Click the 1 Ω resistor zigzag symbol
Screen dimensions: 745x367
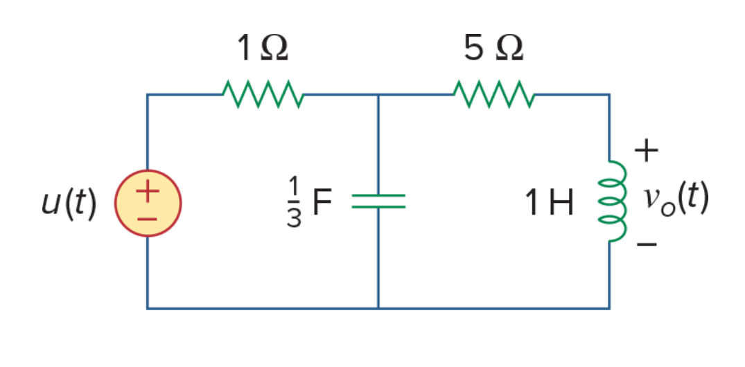(x=263, y=94)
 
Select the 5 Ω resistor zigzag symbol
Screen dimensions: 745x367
(x=494, y=94)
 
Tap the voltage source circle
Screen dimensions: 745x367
(x=148, y=203)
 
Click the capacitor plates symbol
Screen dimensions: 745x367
(x=378, y=202)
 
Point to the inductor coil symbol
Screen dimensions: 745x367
(x=613, y=202)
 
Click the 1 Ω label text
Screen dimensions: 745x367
(x=262, y=48)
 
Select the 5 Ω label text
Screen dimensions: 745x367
(x=493, y=48)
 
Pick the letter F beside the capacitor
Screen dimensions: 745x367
(x=322, y=203)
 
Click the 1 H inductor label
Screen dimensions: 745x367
(x=550, y=203)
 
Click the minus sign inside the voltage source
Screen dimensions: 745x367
(x=148, y=220)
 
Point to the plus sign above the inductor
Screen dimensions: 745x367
(x=646, y=151)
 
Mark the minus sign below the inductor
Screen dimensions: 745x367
(x=647, y=244)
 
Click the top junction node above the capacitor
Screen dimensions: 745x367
(x=378, y=94)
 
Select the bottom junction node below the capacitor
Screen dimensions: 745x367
(x=378, y=309)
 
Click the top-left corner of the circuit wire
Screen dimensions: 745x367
(x=148, y=94)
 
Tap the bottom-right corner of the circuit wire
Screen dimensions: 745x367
(x=609, y=309)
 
